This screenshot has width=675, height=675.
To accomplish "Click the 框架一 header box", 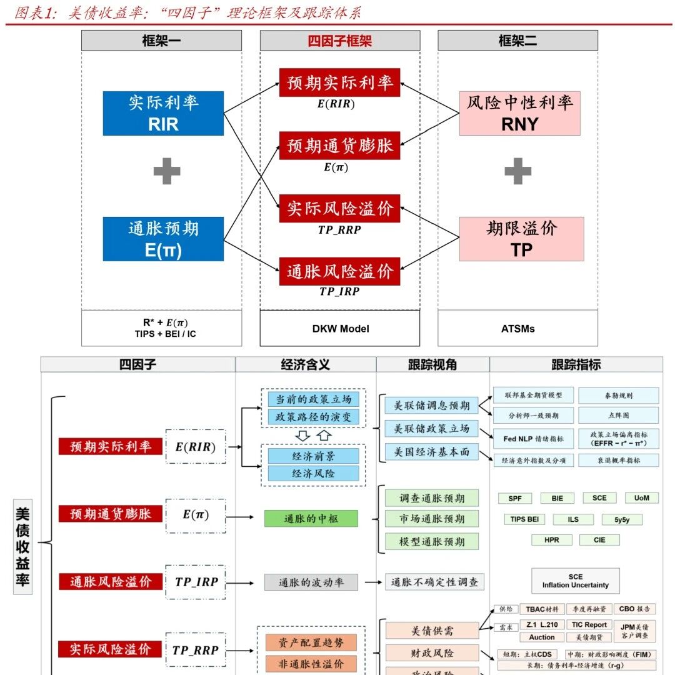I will click(161, 41).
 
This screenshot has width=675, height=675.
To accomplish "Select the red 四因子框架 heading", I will click(340, 41).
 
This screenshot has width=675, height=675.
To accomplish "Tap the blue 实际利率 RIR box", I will click(163, 113).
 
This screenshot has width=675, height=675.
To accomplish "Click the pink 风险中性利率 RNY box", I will click(521, 113).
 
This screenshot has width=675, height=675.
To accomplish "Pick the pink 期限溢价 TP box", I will click(521, 239).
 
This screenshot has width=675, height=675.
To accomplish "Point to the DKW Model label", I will click(340, 328).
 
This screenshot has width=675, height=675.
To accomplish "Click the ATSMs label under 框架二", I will click(517, 328).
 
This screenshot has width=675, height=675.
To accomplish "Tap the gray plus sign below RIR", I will click(167, 171).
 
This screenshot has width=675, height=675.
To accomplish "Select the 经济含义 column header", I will click(306, 365).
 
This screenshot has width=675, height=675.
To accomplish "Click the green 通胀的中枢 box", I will click(311, 518).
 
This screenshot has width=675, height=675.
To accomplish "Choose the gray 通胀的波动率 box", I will click(311, 582).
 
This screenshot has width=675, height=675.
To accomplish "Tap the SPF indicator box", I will click(515, 499).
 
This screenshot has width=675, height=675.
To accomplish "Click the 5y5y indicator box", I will click(622, 519).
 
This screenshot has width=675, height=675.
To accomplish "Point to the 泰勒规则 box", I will click(618, 396).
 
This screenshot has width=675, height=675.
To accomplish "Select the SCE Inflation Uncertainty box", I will click(575, 581).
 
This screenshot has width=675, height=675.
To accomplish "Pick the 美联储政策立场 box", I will click(431, 429).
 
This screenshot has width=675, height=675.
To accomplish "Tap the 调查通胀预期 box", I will click(432, 498).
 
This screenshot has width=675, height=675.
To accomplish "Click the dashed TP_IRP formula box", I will click(196, 582).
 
